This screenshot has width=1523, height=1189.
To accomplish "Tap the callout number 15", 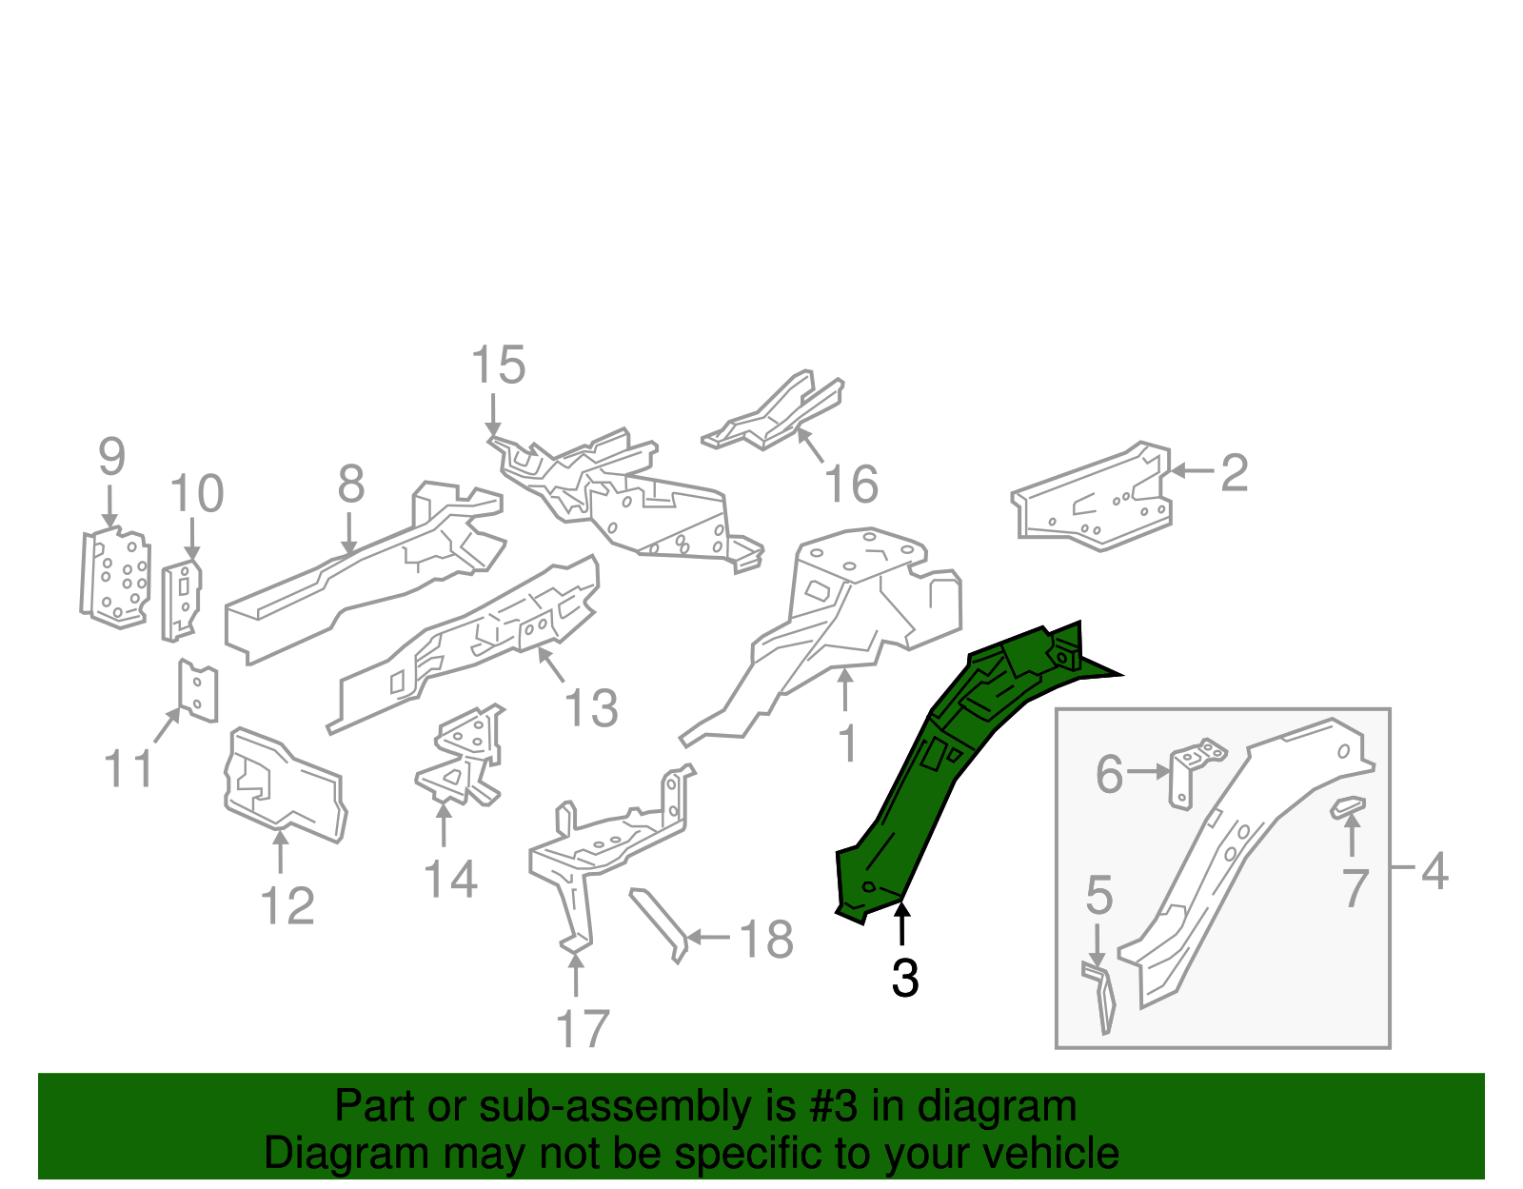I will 498,366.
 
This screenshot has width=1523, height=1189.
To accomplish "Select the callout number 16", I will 850,485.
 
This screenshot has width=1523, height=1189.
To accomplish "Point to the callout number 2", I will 1234,473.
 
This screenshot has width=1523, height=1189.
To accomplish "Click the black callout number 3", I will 904,979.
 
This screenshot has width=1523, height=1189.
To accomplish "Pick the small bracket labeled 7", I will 1347,807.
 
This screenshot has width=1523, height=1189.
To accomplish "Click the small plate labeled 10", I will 181,600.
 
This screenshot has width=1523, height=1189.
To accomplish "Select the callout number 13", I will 590,709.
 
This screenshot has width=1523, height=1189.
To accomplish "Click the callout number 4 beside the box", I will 1434,871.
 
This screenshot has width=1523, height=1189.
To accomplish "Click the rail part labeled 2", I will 1095,500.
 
